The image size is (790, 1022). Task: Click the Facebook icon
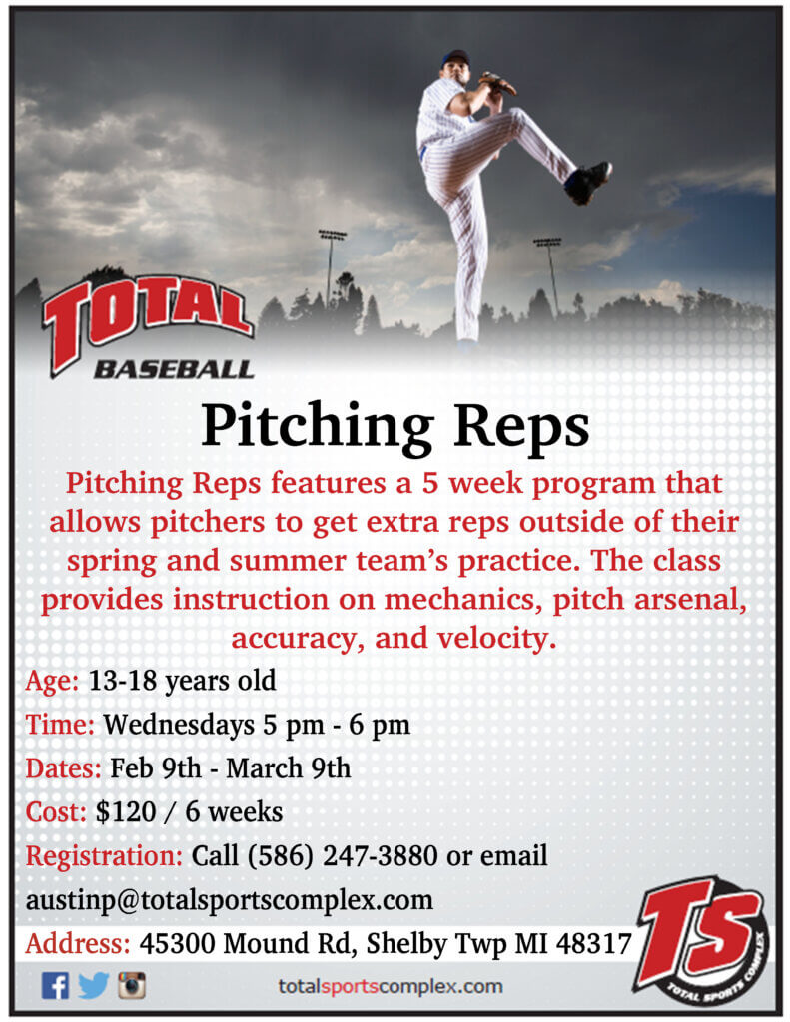point(56,985)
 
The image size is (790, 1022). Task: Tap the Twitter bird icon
point(93,985)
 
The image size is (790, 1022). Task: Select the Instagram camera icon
point(132,985)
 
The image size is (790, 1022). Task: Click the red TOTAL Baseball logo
point(148,326)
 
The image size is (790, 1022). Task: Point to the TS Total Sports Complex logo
point(703,939)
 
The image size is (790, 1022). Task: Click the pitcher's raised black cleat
point(588,182)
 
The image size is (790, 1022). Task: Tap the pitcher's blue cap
point(455,57)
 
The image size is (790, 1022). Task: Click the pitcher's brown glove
point(497,84)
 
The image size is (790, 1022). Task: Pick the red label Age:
point(52,681)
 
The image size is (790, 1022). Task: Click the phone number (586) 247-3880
point(343,855)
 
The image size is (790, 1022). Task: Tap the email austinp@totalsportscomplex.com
point(230,900)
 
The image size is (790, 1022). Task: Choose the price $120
point(126,812)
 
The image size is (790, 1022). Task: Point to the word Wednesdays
point(179,725)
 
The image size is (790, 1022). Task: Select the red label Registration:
point(104,855)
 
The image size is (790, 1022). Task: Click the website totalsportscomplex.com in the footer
point(391,986)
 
